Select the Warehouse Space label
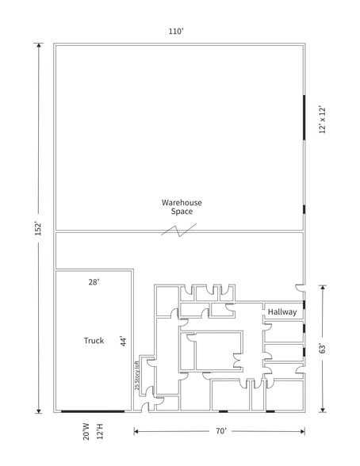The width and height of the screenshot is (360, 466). (x=182, y=206)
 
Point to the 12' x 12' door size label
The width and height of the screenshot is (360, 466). (x=321, y=119)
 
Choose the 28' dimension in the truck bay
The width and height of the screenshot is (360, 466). (x=94, y=281)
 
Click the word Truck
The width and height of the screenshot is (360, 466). (x=94, y=341)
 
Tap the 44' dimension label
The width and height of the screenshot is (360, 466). (x=123, y=341)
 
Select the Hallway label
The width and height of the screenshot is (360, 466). (x=281, y=311)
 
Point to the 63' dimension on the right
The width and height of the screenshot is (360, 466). (x=321, y=348)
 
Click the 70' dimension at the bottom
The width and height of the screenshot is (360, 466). (x=220, y=431)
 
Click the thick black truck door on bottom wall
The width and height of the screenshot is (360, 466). (x=93, y=411)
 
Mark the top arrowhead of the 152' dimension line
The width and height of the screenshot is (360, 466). (x=37, y=47)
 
